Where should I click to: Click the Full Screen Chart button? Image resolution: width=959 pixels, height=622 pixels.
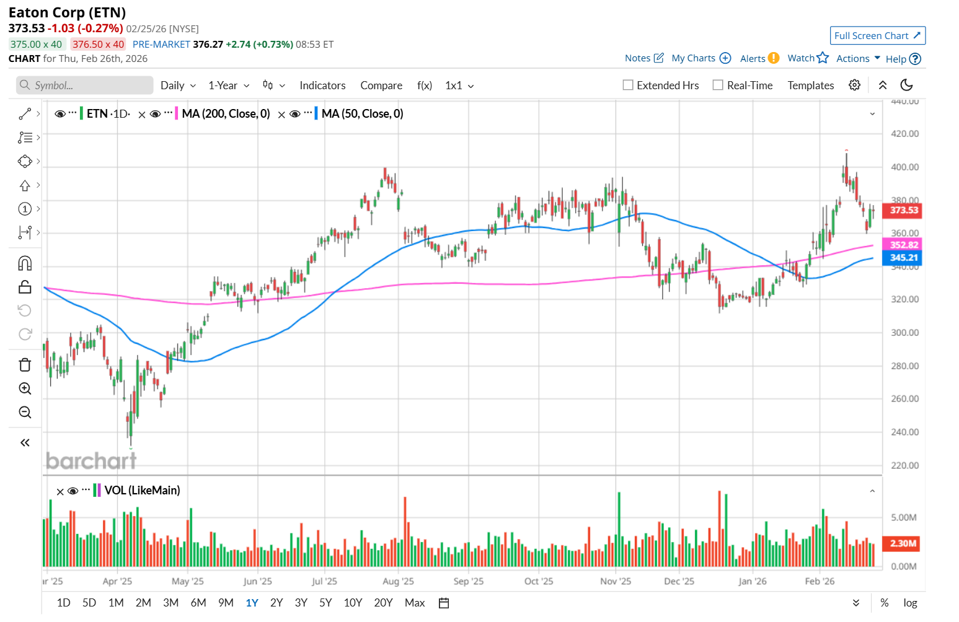point(877,36)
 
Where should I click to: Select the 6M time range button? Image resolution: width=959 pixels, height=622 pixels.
point(198,603)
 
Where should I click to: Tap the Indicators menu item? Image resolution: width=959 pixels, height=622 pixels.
point(322,85)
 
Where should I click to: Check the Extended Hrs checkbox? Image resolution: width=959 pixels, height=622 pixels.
point(628,85)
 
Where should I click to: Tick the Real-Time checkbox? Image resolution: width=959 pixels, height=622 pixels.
point(718,85)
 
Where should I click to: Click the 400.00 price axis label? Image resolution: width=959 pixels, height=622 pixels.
point(904,167)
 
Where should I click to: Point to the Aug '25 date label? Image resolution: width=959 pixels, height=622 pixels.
point(398,581)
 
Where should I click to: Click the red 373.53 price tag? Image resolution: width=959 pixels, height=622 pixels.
point(904,211)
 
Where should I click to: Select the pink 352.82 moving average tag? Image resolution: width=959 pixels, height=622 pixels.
point(904,245)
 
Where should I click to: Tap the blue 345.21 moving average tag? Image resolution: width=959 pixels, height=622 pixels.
point(904,258)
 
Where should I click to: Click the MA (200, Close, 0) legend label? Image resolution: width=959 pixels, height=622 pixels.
point(226,114)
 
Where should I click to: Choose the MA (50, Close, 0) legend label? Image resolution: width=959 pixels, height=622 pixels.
point(362,114)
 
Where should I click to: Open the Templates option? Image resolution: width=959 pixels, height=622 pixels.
point(810,85)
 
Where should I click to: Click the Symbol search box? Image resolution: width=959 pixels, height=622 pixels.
point(85,85)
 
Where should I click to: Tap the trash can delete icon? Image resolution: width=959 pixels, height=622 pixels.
point(25,365)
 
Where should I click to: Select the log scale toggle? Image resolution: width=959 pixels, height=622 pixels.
point(910,603)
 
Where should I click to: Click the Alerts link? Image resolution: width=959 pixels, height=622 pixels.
point(753,58)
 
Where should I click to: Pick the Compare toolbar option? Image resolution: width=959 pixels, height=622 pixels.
point(381,85)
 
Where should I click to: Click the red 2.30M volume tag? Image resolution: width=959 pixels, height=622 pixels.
point(903,543)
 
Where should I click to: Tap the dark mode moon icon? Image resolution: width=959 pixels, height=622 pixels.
point(906,85)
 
